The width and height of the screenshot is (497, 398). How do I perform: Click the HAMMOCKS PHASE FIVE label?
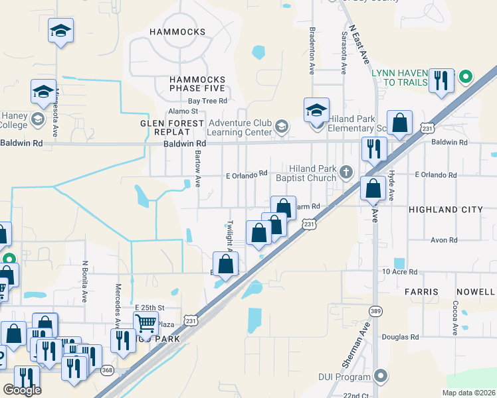point(197,84)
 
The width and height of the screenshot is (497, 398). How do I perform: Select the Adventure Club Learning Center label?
point(240,127)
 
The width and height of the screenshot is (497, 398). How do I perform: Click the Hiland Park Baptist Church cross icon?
point(346,172)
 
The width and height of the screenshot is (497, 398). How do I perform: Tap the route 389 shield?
point(376,310)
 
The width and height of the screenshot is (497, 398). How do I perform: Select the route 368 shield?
point(106,370)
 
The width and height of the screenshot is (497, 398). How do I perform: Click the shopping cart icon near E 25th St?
point(146,323)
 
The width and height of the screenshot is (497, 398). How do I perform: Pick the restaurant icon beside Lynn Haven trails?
point(441,80)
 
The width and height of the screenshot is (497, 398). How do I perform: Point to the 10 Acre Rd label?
point(399,272)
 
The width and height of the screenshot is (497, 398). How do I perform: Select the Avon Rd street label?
point(445,240)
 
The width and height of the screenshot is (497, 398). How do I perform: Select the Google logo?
point(22,389)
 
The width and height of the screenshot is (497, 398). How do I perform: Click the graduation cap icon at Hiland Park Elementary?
point(317,109)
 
